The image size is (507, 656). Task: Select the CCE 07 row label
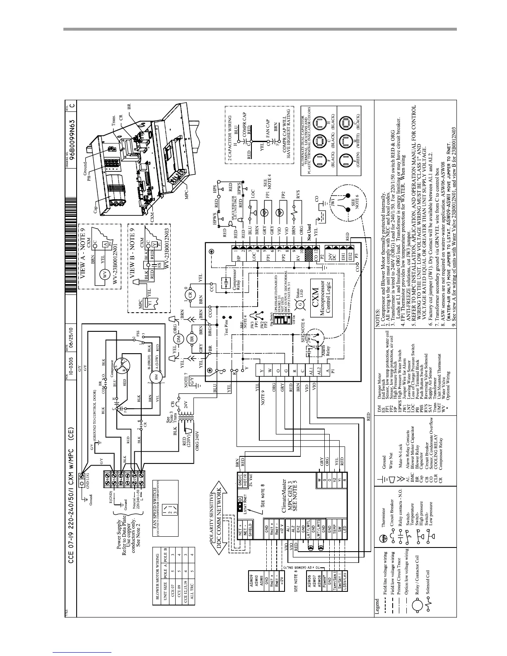tap(176, 580)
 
